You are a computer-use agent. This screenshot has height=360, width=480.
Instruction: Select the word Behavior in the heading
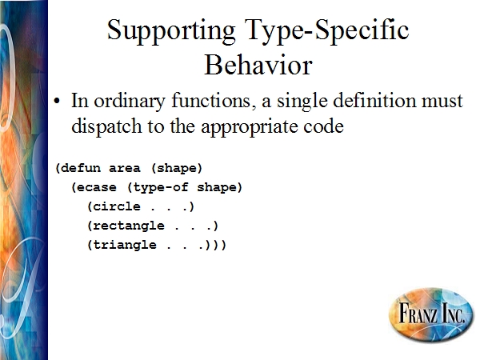(x=258, y=65)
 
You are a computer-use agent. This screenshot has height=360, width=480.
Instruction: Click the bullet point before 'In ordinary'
(x=57, y=101)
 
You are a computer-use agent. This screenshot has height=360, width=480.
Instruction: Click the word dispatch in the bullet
(x=106, y=126)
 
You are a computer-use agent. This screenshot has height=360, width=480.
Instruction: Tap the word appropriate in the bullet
(x=249, y=127)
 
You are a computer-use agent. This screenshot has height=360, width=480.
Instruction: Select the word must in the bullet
(x=442, y=101)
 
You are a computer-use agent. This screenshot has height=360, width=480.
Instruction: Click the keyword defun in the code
(x=81, y=168)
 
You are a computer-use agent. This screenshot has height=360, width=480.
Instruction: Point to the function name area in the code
(x=125, y=168)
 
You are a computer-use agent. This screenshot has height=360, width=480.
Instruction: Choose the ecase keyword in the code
(x=97, y=187)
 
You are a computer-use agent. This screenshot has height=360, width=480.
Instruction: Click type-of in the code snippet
(x=161, y=187)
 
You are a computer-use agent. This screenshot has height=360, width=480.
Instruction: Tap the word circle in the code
(x=117, y=206)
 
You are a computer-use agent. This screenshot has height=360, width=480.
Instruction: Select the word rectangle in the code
(x=129, y=226)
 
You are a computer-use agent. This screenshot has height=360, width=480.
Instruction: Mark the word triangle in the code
(x=125, y=246)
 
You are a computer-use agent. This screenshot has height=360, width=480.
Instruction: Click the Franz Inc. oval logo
(x=431, y=314)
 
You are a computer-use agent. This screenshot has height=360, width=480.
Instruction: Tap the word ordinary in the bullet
(x=130, y=101)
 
